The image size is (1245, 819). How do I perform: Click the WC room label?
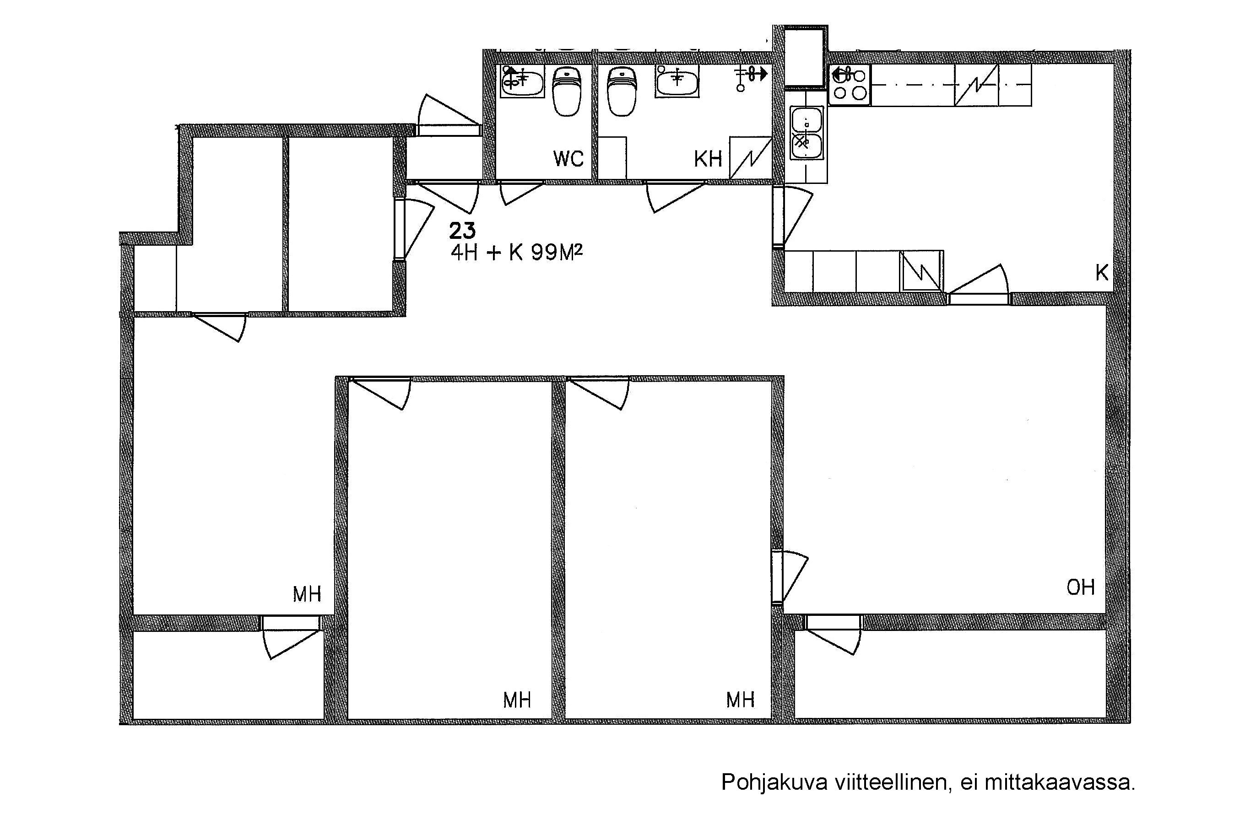pos(568,158)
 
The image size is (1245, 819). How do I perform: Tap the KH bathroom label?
pos(708,158)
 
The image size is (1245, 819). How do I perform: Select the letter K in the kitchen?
pos(1102,273)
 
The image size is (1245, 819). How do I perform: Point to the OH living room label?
pos(1081,587)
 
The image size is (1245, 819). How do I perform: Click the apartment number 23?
pos(462,231)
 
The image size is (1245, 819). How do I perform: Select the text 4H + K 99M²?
pos(517,253)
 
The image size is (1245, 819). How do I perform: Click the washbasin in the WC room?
pos(523,81)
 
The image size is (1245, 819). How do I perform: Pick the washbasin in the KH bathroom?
pos(677,81)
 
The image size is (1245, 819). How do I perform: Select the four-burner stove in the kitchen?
pos(850,85)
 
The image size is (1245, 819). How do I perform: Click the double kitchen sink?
pos(807,133)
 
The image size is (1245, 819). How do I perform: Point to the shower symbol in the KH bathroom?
pos(751,77)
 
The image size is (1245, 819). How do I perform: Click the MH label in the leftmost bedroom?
pos(307,594)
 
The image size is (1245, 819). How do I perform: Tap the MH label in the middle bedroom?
pos(517,700)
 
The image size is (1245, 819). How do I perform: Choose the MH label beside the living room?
pos(740,699)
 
